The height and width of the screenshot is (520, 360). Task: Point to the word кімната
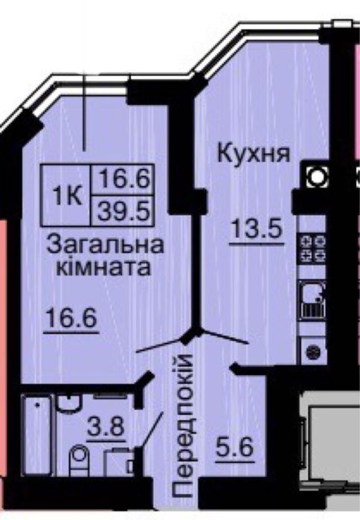click(x=105, y=266)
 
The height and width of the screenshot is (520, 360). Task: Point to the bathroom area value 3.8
click(x=105, y=429)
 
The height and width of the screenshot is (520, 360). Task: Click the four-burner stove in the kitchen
click(x=312, y=247)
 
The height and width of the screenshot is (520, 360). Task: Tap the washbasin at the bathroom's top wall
click(x=68, y=402)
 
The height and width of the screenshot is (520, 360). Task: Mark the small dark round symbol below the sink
click(x=312, y=349)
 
